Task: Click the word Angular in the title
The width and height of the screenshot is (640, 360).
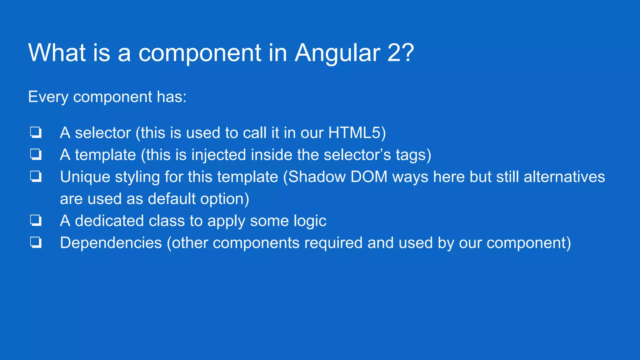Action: pyautogui.click(x=337, y=53)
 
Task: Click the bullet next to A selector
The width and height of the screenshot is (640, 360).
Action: pyautogui.click(x=36, y=132)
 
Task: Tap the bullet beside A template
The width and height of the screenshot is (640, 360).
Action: pyautogui.click(x=36, y=155)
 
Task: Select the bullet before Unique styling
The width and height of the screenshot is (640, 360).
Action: pyautogui.click(x=36, y=177)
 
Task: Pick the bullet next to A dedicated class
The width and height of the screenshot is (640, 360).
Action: pyautogui.click(x=36, y=221)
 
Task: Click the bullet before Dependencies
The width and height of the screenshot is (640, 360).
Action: pyautogui.click(x=36, y=242)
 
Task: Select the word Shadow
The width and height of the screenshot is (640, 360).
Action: pyautogui.click(x=317, y=177)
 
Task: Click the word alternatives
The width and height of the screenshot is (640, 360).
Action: pyautogui.click(x=564, y=177)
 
